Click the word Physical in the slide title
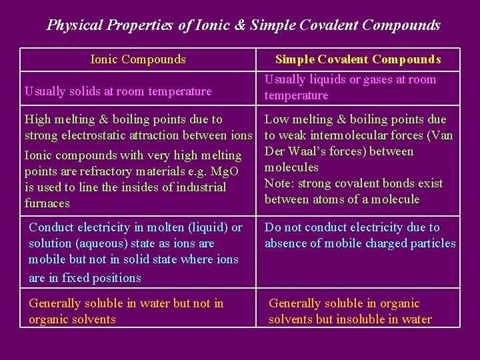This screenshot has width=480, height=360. click(73, 25)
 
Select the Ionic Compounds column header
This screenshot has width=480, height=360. click(138, 59)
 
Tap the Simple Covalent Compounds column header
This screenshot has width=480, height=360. click(358, 59)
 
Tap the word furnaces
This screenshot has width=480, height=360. click(47, 203)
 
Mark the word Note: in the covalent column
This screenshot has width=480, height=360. click(280, 183)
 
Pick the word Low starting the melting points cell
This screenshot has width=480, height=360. click(277, 119)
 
